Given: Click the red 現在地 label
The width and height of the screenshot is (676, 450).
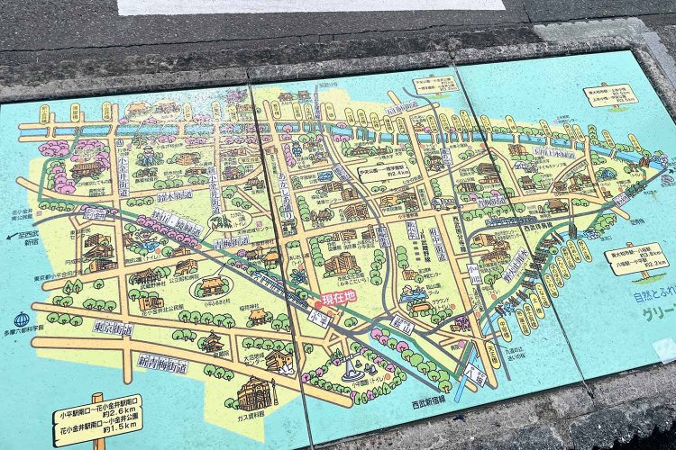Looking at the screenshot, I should pyautogui.click(x=334, y=295).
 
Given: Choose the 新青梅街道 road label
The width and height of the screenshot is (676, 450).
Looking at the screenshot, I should pyautogui.click(x=162, y=364).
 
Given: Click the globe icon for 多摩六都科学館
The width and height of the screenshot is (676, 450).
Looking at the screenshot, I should pyautogui.click(x=23, y=319).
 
